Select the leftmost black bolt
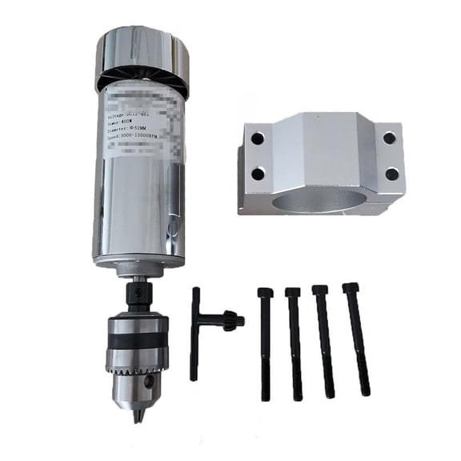click(x=264, y=344)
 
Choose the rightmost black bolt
click(x=357, y=340)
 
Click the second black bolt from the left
click(x=295, y=344)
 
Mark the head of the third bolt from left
click(x=319, y=291)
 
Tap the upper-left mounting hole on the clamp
click(x=257, y=138)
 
